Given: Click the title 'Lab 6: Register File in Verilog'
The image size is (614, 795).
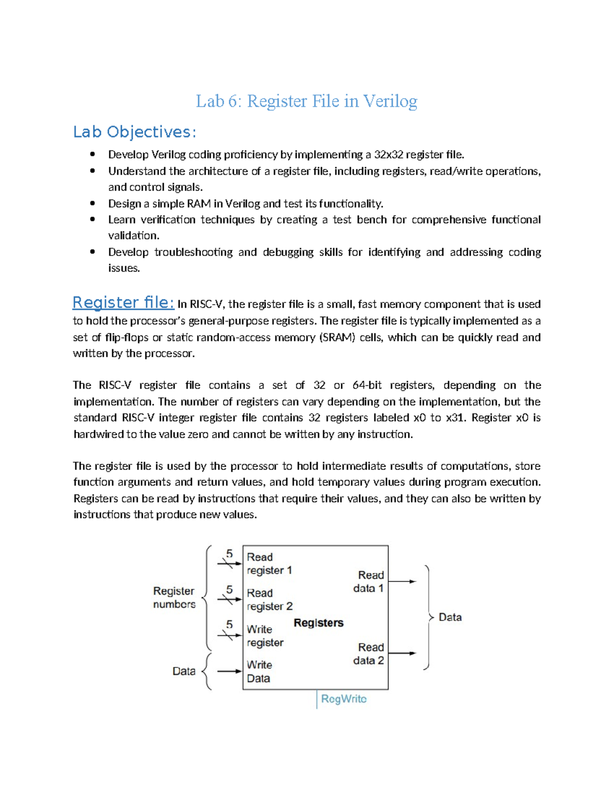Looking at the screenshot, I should tap(306, 101).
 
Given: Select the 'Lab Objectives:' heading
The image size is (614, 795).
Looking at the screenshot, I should tap(135, 132).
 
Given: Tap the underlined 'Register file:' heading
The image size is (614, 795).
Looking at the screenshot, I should tap(123, 303).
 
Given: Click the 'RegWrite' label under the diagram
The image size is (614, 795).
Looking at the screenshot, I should tap(343, 699).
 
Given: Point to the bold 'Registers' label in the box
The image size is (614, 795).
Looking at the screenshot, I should tap(318, 623).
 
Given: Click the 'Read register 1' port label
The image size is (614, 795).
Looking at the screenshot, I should tap(269, 564).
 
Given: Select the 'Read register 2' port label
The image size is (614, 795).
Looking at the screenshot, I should tap(269, 599).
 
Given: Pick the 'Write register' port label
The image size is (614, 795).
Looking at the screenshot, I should tap(265, 636).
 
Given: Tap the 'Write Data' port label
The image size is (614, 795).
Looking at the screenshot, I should tap(259, 672).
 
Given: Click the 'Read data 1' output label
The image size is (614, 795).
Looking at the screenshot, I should tap(368, 582).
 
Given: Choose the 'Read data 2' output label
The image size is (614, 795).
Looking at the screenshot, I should tap(368, 654).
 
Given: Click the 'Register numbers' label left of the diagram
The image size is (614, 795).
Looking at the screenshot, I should tap(174, 597).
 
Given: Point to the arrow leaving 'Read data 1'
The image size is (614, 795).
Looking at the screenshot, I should tap(402, 582).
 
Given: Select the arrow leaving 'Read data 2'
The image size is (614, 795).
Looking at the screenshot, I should tap(402, 653).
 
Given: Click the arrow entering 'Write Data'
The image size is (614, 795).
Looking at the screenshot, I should tap(229, 671).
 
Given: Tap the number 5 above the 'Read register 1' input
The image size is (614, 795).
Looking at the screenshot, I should tap(230, 553).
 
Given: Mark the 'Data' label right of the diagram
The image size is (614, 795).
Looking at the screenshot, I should tap(450, 617).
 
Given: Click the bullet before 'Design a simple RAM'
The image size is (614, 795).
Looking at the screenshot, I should tap(93, 203).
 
